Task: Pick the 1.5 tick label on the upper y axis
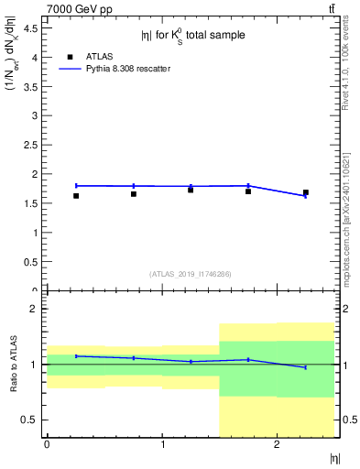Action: pos(33,203)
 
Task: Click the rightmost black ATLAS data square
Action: pos(306,192)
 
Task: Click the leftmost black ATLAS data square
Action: pos(76,195)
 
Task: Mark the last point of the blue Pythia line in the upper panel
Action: pos(306,196)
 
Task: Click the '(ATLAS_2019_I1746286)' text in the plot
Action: pos(191,273)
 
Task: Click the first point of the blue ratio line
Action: pos(76,355)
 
